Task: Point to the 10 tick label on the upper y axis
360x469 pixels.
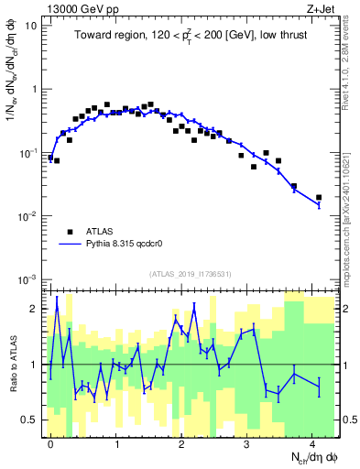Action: (x=30, y=26)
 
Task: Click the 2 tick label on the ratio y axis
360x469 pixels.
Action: (x=33, y=308)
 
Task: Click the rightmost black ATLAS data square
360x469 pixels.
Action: (x=319, y=197)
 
